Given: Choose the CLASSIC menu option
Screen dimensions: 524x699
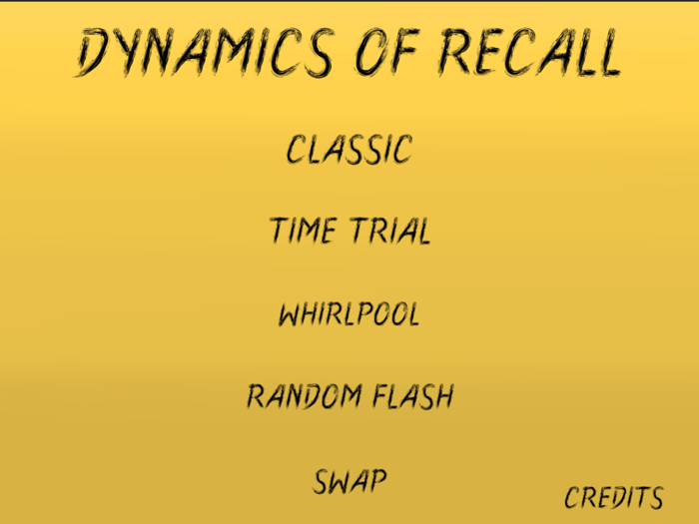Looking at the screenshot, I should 349,150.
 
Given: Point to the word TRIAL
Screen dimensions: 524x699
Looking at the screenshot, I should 390,232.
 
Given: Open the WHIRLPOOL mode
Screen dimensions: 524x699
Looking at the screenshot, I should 349,314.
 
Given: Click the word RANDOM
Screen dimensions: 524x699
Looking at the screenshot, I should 305,396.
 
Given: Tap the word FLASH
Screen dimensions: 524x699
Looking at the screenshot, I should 412,396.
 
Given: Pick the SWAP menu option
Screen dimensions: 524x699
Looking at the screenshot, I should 349,481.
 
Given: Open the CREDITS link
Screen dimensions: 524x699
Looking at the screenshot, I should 613,497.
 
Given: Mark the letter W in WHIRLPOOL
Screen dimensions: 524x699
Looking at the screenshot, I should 290,314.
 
